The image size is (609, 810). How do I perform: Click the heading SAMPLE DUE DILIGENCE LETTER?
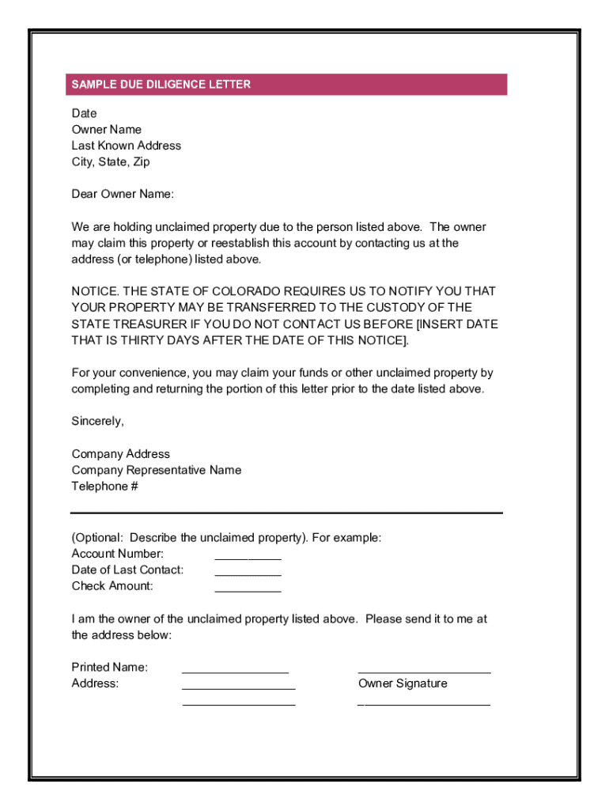[x=161, y=85]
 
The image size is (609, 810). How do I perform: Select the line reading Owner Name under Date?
[x=107, y=130]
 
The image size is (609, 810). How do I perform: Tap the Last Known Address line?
[x=126, y=146]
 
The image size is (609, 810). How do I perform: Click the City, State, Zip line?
[x=111, y=162]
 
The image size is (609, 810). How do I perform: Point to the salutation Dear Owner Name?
[x=123, y=195]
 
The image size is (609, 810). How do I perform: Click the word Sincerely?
[x=98, y=422]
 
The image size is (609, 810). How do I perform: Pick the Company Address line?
[x=121, y=454]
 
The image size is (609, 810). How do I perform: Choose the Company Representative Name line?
[x=157, y=471]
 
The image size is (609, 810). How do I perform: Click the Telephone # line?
[x=105, y=486]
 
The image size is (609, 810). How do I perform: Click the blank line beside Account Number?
[x=248, y=558]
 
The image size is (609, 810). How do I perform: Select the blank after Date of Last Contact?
[x=248, y=574]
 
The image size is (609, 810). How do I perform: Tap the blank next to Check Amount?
[x=248, y=590]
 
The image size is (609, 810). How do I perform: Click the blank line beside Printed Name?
[x=235, y=672]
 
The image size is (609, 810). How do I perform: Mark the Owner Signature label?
[x=403, y=684]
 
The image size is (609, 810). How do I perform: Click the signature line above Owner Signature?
[x=424, y=672]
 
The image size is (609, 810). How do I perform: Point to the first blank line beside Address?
[x=238, y=687]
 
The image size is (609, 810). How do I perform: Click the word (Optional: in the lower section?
[x=98, y=538]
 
